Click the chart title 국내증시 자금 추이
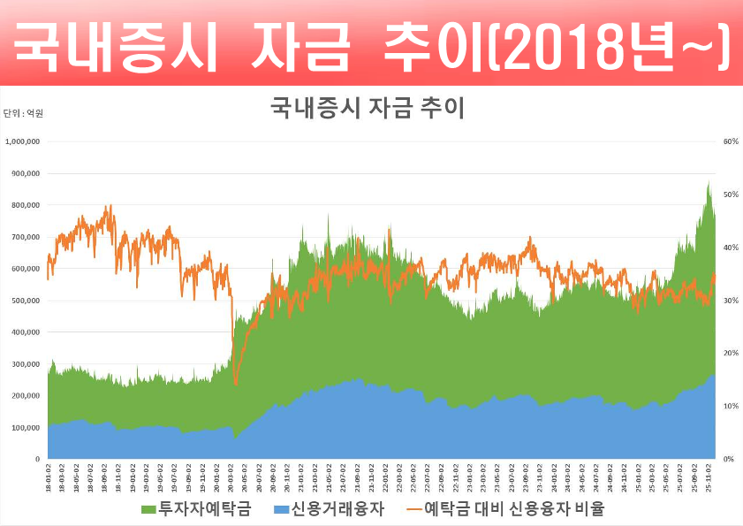tap(367, 109)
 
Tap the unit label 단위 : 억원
tap(24, 113)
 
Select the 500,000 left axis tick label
tap(26, 301)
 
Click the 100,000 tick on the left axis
tap(26, 428)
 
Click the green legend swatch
tap(148, 510)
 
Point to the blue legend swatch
tap(282, 510)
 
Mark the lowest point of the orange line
tap(236, 385)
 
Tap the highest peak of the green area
tap(709, 181)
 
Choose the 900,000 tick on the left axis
tap(26, 173)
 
